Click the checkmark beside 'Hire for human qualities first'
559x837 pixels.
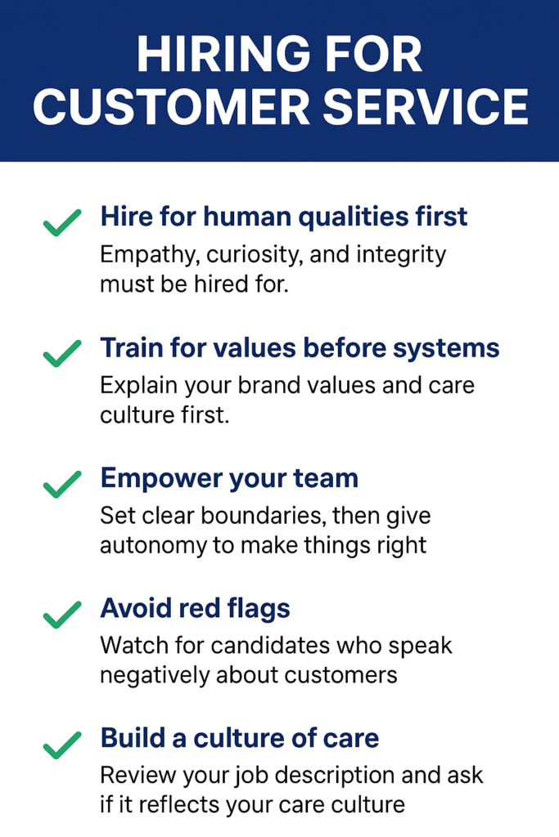coord(61,222)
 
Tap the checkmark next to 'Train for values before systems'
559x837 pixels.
coord(61,352)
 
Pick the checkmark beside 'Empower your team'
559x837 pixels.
coord(61,483)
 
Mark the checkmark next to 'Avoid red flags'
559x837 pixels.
coord(61,613)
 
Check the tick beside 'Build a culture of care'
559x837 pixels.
coord(61,744)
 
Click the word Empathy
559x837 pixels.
coord(147,255)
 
